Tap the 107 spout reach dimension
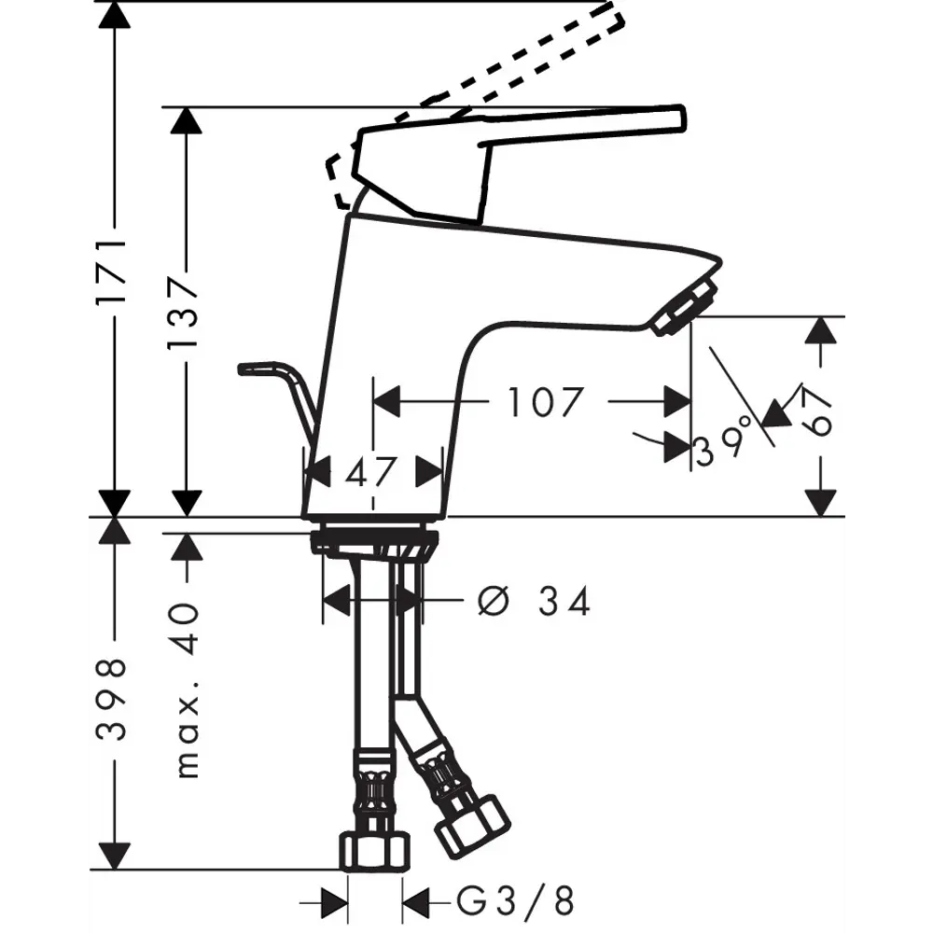[x=546, y=402]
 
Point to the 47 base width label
[x=371, y=471]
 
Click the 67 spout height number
[x=819, y=411]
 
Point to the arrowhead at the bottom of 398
[x=114, y=853]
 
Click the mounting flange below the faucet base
[x=373, y=542]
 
